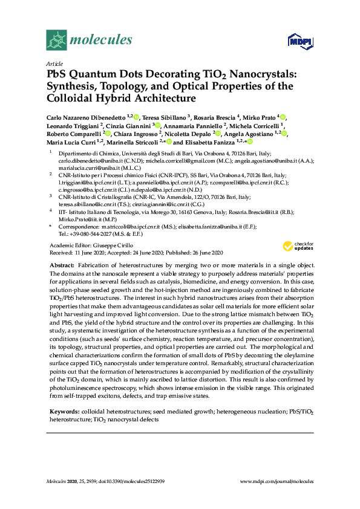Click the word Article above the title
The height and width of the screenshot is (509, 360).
[54, 63]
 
